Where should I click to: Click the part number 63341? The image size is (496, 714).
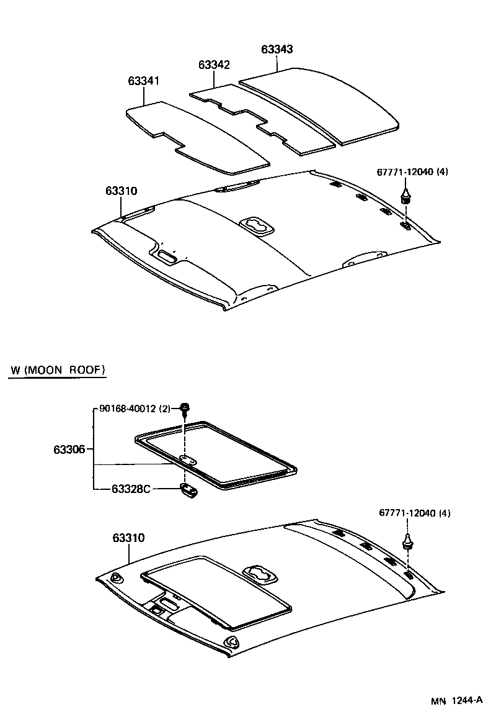point(144,81)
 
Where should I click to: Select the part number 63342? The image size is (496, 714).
point(214,65)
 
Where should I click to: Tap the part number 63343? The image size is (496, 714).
point(277,49)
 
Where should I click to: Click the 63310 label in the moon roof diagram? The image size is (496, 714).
point(129,537)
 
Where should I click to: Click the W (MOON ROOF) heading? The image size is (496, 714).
point(58,370)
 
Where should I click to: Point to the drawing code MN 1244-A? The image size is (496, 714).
point(457,700)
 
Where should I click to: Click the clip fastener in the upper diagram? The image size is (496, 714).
point(405,196)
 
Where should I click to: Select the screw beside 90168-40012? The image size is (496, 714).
point(185,409)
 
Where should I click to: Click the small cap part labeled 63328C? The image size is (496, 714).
point(189,490)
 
